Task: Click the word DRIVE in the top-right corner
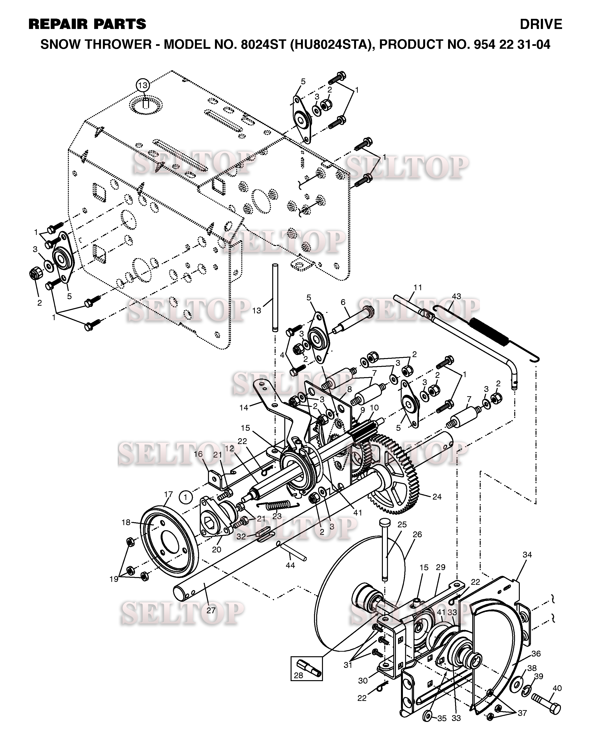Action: [x=541, y=24]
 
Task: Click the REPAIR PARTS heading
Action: [x=87, y=24]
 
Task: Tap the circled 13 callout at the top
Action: [x=143, y=85]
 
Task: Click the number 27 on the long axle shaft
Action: [x=211, y=611]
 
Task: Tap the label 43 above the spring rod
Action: [x=456, y=296]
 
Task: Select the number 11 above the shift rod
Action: [x=418, y=287]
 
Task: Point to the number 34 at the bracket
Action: [x=527, y=555]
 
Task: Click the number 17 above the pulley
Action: [x=168, y=494]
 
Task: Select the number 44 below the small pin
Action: [x=290, y=565]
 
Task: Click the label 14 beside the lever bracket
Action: [x=243, y=408]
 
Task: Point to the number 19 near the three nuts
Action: [x=114, y=579]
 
